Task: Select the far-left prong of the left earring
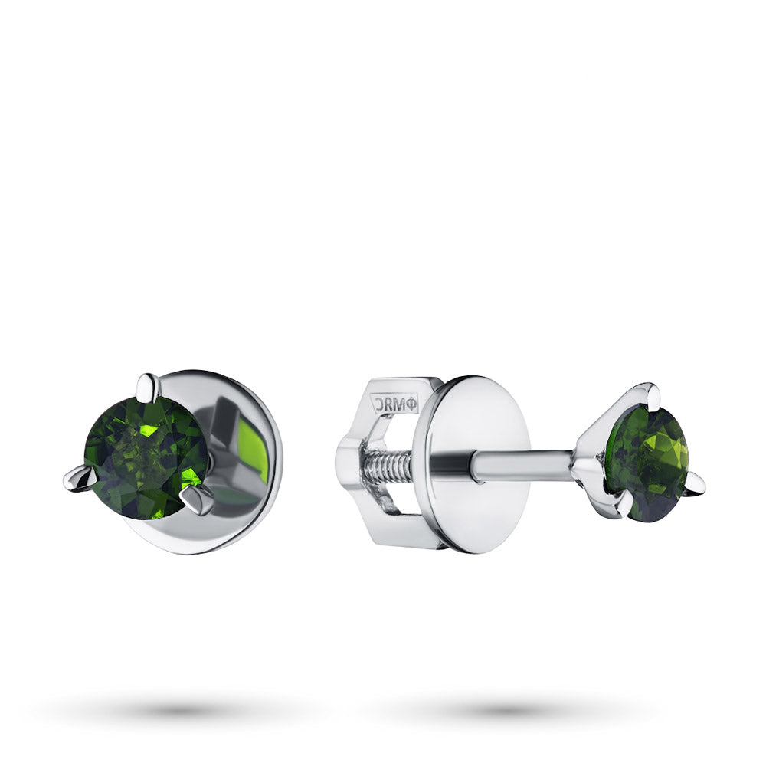(x=80, y=480)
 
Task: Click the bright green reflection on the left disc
(x=253, y=451)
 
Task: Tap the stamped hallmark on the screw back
(x=395, y=404)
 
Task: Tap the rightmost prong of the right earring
(x=695, y=485)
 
